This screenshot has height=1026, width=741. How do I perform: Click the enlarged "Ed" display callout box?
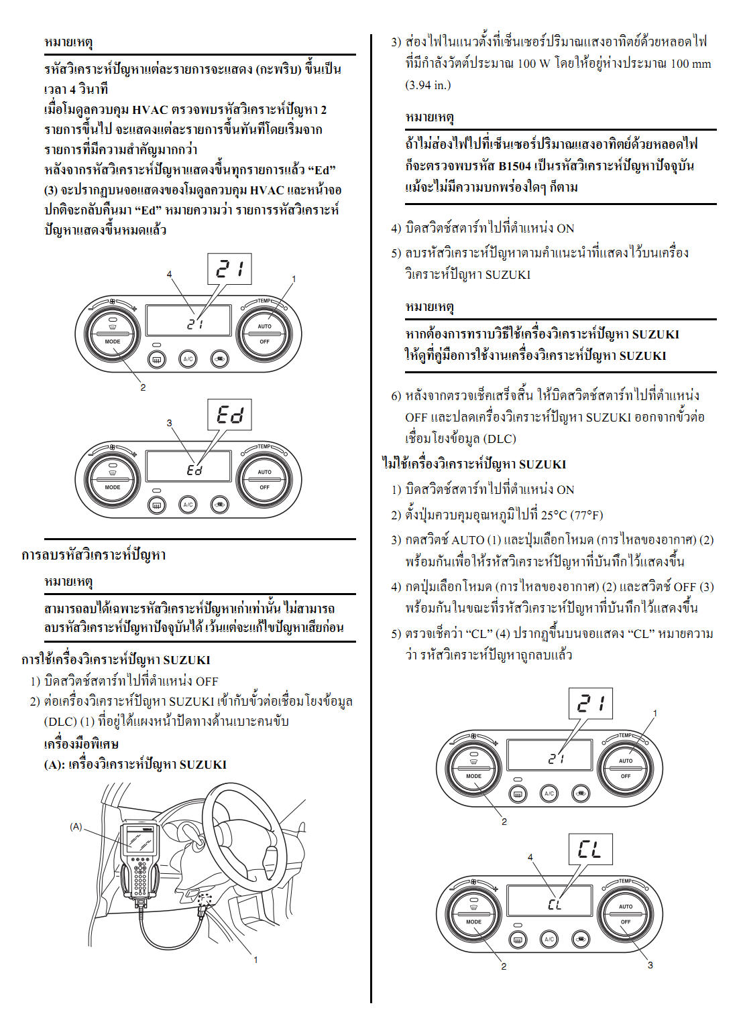pos(229,415)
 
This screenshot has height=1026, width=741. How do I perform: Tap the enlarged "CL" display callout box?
pos(590,850)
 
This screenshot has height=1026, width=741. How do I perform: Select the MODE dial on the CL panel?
pos(473,915)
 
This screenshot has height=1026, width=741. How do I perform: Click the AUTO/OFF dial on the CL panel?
pos(625,915)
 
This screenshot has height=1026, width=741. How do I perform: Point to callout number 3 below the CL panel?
pos(650,965)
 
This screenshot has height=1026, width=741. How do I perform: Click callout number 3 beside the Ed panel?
pos(169,423)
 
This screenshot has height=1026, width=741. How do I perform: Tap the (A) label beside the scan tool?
pos(76,826)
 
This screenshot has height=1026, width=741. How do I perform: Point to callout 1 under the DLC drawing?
pos(255,960)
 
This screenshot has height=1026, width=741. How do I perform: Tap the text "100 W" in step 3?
pos(534,64)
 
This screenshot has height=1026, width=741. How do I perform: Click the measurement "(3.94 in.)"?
pos(428,85)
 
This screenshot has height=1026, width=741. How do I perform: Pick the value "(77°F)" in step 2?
pos(587,515)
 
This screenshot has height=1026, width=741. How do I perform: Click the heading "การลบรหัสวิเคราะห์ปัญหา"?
pos(94,555)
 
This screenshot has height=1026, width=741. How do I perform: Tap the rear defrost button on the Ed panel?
pos(157,505)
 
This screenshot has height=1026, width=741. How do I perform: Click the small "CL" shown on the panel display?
pos(555,904)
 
